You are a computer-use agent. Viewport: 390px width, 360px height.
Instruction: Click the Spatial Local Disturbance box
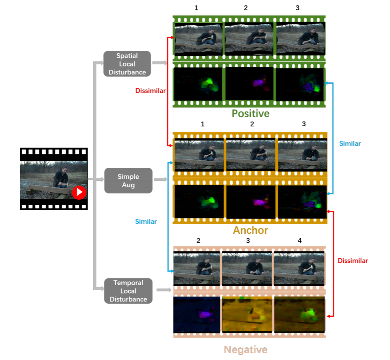click(127, 64)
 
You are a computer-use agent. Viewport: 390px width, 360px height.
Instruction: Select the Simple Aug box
click(128, 181)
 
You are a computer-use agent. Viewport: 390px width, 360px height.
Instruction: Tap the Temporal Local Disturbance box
click(128, 291)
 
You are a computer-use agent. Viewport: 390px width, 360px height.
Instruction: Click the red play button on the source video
click(79, 193)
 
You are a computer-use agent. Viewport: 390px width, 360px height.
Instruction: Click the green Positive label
click(250, 114)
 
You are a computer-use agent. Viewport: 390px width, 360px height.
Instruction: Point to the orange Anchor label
click(250, 230)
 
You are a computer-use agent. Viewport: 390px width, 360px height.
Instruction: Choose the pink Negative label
click(245, 349)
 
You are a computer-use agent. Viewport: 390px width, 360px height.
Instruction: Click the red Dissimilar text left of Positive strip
click(150, 91)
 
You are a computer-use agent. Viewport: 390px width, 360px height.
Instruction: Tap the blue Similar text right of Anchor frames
click(350, 143)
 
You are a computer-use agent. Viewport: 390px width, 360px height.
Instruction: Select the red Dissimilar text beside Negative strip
click(353, 261)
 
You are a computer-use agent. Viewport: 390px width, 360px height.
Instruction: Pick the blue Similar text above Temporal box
click(146, 221)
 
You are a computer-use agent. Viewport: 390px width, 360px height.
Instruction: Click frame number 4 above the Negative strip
click(300, 241)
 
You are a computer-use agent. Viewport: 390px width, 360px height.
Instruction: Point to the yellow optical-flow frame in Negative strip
click(247, 314)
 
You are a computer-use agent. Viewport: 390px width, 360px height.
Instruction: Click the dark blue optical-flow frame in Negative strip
click(197, 314)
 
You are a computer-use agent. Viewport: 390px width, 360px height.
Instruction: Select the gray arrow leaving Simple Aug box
click(160, 180)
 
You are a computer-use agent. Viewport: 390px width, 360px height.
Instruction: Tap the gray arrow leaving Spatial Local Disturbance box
click(159, 63)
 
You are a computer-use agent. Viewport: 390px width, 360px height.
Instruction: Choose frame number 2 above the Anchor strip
click(252, 124)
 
